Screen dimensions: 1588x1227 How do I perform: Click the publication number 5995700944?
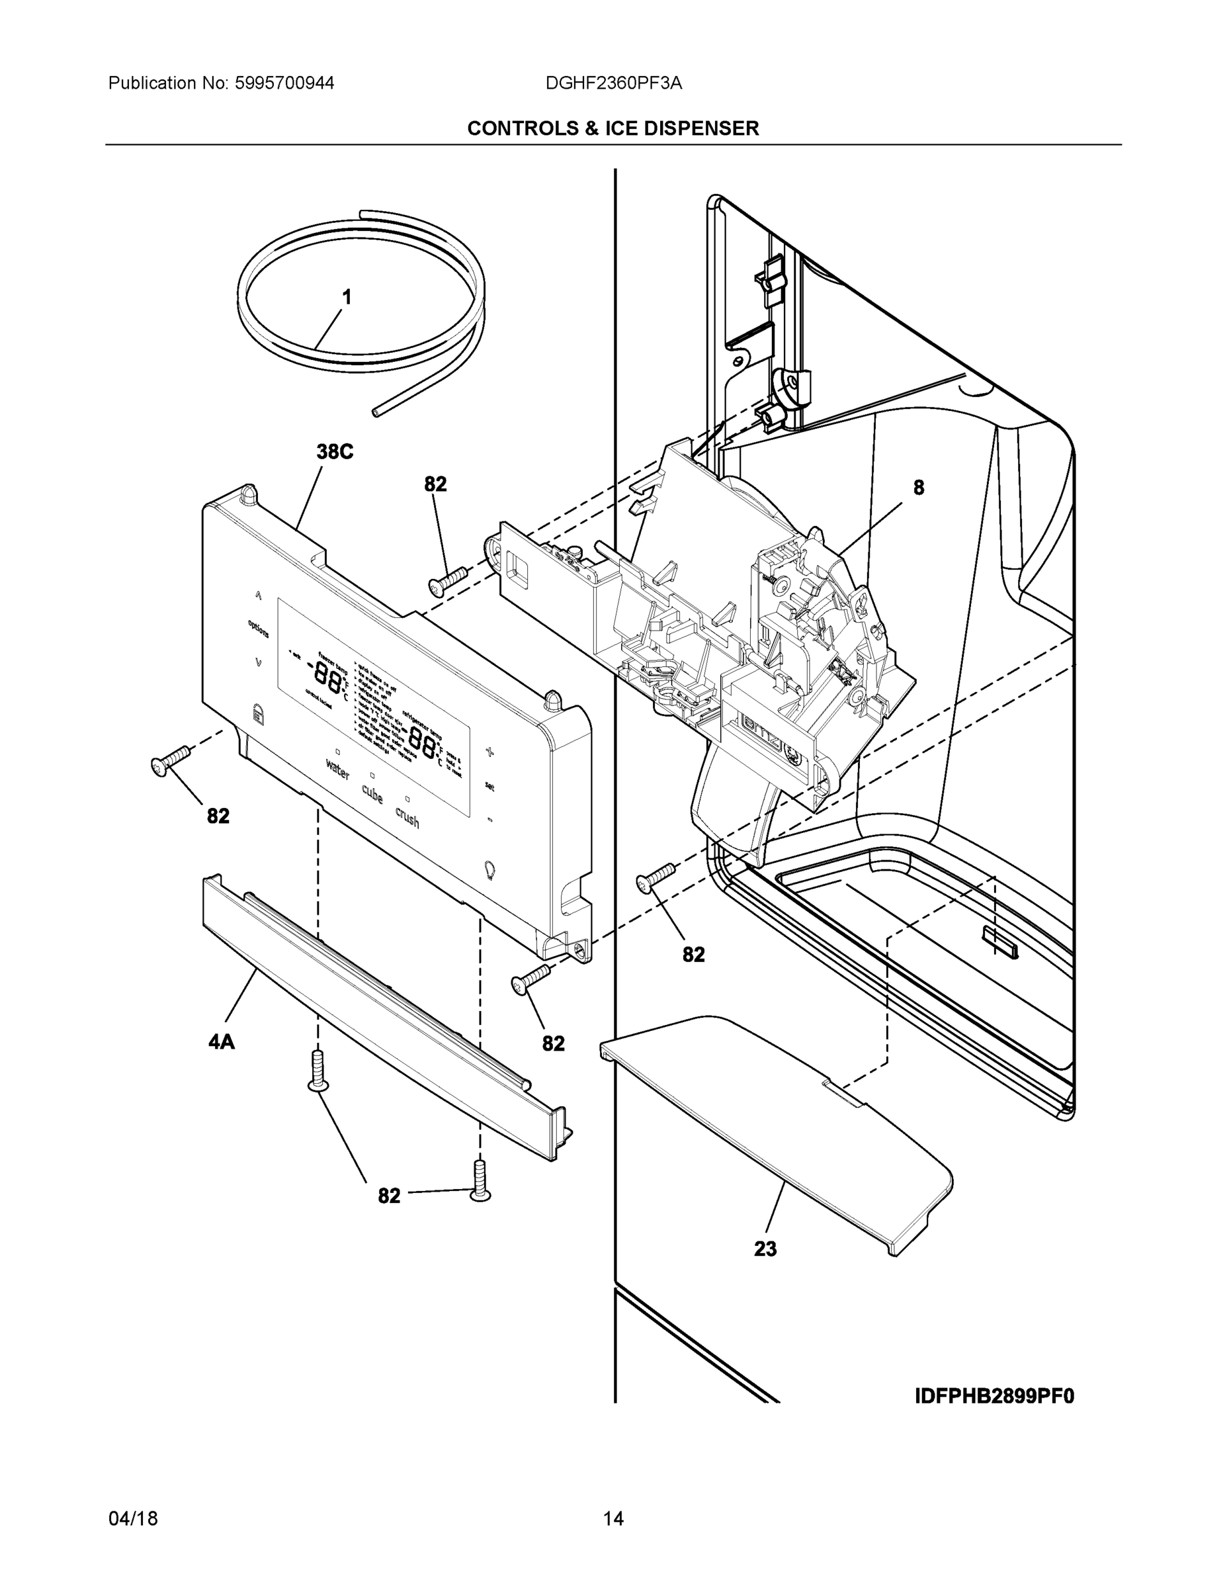tap(285, 83)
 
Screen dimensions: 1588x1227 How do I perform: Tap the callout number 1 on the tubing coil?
tap(347, 297)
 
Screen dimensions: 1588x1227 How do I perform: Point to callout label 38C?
tap(335, 453)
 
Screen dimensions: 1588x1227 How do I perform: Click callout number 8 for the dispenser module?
tap(919, 488)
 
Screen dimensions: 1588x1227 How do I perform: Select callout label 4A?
tap(222, 1043)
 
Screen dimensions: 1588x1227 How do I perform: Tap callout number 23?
tap(765, 1249)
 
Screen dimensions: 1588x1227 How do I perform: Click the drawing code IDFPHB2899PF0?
tap(994, 1397)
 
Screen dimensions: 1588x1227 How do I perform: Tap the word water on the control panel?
tap(338, 770)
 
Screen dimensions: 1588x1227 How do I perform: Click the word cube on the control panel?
tap(372, 794)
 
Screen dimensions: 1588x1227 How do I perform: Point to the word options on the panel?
tap(258, 628)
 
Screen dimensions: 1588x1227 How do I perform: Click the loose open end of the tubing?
tap(376, 412)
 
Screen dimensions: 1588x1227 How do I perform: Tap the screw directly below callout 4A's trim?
tap(317, 1071)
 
